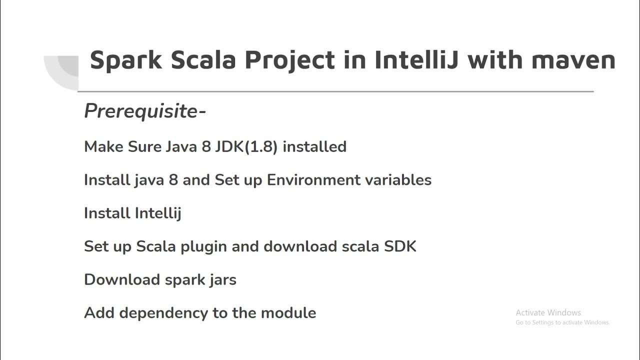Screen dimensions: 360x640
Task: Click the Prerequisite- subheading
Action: tap(145, 111)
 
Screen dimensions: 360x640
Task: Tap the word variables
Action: tap(399, 179)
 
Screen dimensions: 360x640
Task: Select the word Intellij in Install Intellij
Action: tap(157, 213)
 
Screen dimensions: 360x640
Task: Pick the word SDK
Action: tap(400, 246)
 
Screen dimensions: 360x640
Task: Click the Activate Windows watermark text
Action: tap(548, 312)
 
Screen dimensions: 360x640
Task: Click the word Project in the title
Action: tap(289, 60)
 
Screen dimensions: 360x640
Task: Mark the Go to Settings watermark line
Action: tap(562, 322)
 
